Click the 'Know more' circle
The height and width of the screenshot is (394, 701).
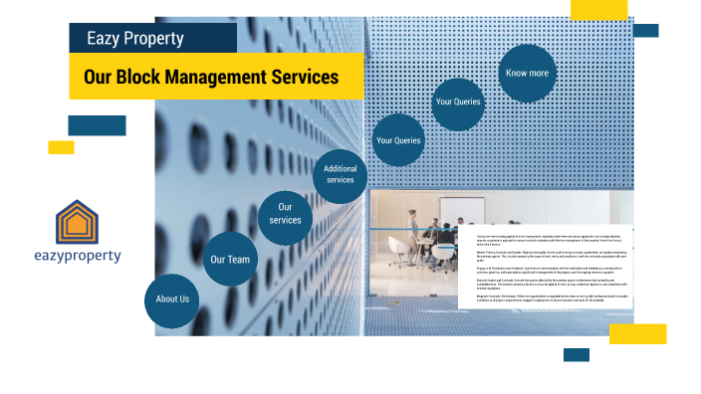(x=527, y=73)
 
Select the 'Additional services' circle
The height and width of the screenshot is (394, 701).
(x=340, y=174)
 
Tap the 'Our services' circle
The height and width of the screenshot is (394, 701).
(x=285, y=214)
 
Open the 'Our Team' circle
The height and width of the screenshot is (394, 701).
(x=229, y=260)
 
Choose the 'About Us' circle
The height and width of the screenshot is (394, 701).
(x=172, y=298)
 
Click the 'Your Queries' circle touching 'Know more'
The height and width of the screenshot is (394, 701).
(x=458, y=101)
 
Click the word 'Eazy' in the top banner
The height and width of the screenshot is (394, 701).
(x=107, y=39)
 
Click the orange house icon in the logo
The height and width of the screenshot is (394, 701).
(x=77, y=223)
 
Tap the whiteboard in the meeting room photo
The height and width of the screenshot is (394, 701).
(x=462, y=212)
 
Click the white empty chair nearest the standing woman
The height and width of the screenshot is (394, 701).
(x=397, y=258)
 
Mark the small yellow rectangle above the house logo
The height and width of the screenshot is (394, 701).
(x=61, y=147)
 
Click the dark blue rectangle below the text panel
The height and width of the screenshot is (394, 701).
(x=577, y=354)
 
